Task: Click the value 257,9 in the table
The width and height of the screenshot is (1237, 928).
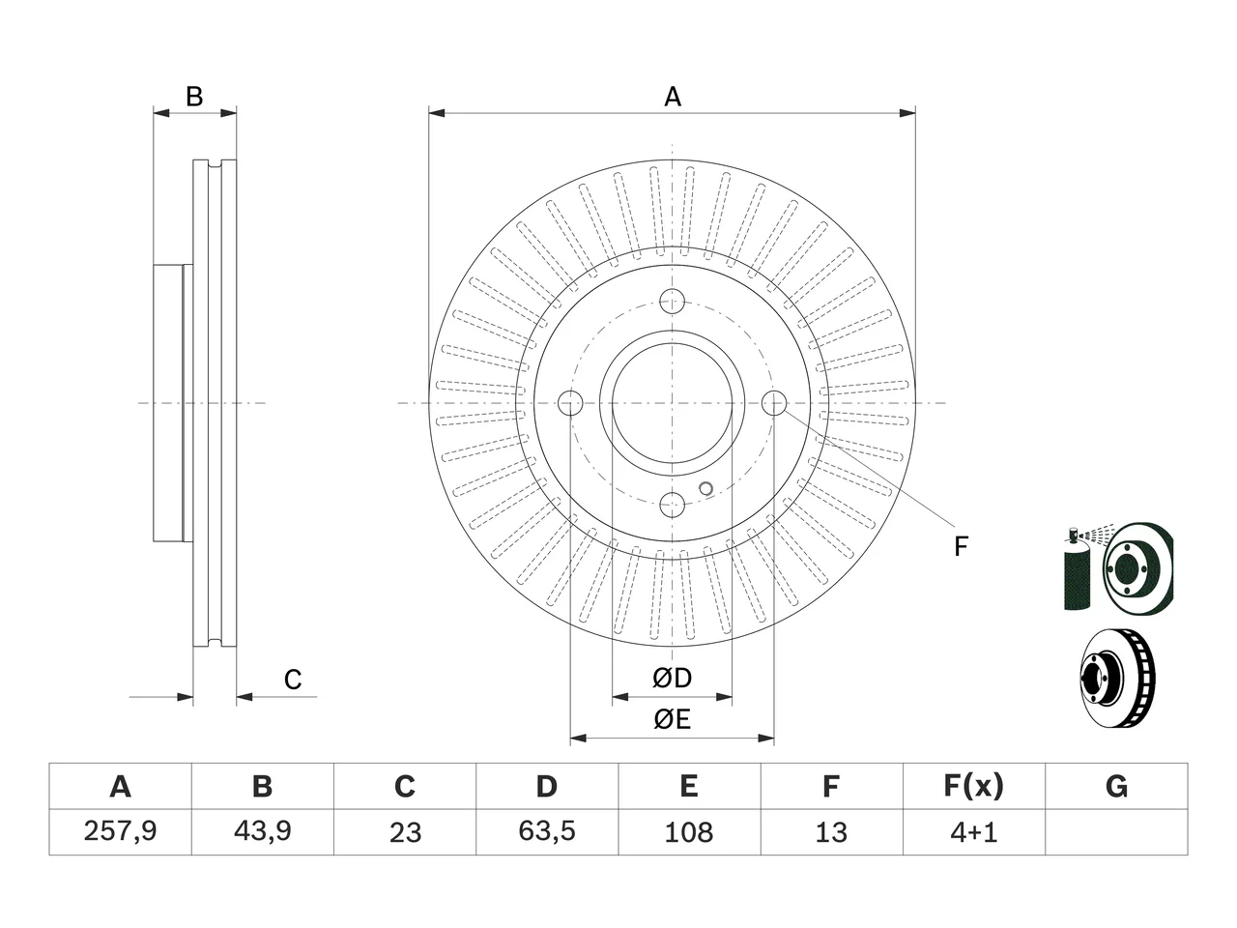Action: (120, 831)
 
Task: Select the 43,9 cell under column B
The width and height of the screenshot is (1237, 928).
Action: (263, 831)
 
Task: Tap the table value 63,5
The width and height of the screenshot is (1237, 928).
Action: (547, 831)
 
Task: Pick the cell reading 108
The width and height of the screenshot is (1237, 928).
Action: (689, 832)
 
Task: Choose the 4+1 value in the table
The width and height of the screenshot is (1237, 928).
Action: (974, 832)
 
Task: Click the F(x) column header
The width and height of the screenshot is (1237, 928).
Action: (974, 786)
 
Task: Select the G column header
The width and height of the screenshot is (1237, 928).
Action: (1116, 786)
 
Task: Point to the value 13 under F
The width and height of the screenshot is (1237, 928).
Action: (831, 832)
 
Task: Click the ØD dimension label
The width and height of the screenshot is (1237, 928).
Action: (672, 678)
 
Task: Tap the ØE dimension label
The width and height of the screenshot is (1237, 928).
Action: (672, 719)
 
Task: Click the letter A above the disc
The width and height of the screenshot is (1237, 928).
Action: (673, 97)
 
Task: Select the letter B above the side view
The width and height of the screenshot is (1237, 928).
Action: (194, 97)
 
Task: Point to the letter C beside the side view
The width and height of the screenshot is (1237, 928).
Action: (293, 680)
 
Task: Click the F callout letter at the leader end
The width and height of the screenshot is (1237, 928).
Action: (961, 546)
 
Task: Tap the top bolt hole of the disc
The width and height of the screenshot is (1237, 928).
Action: (672, 301)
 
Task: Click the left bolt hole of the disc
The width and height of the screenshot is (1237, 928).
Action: (570, 402)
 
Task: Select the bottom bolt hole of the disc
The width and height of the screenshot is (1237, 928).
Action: (672, 504)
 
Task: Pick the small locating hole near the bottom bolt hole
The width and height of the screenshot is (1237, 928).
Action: (705, 488)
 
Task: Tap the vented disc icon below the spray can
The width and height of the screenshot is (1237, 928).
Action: (1117, 678)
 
